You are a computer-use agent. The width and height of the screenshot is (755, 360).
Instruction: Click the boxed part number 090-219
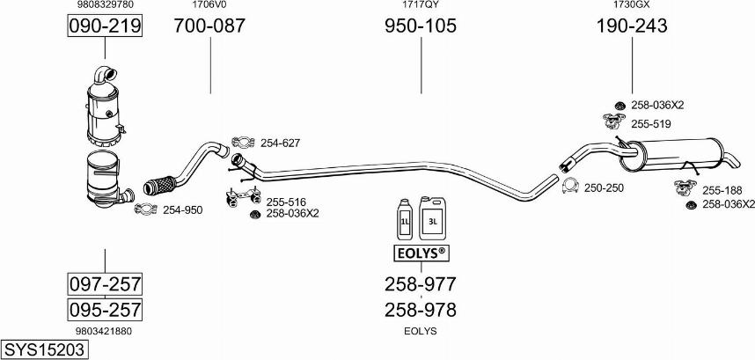[x=105, y=27]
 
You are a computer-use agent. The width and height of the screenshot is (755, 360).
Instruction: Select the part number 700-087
[x=209, y=26]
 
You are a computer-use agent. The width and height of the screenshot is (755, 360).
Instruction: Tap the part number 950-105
[x=420, y=26]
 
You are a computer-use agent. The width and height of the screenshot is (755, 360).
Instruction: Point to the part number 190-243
[x=631, y=26]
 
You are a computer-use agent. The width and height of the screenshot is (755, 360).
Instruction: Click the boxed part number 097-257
[x=105, y=284]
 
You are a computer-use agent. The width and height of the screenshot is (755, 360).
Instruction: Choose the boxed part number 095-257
[x=105, y=310]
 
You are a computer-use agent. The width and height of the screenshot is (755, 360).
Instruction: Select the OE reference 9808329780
[x=105, y=5]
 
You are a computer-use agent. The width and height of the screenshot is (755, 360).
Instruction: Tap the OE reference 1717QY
[x=420, y=5]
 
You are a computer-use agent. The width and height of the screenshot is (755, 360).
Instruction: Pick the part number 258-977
[x=420, y=284]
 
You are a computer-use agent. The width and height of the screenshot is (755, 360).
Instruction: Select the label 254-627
[x=280, y=142]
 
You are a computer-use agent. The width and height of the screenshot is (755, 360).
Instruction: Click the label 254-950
[x=181, y=209]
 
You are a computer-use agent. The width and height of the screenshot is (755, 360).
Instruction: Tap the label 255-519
[x=650, y=124]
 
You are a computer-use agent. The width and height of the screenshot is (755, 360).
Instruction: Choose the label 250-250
[x=604, y=187]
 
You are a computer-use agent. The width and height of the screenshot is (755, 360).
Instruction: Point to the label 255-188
[x=722, y=189]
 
